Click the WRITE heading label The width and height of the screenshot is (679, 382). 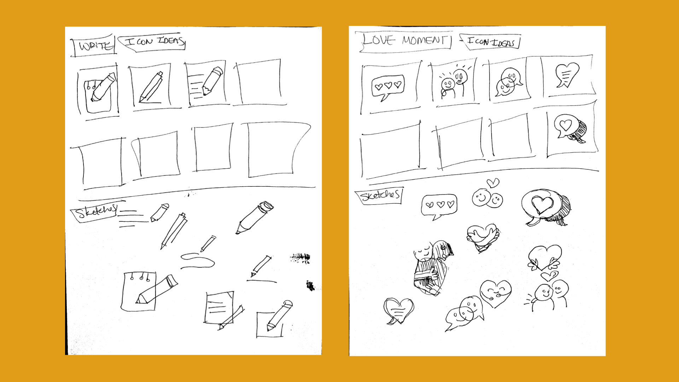tap(94, 46)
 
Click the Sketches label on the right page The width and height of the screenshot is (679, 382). tap(379, 195)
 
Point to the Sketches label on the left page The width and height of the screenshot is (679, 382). tap(95, 211)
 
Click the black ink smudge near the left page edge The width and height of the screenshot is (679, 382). tap(310, 285)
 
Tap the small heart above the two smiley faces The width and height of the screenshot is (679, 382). tap(493, 183)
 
